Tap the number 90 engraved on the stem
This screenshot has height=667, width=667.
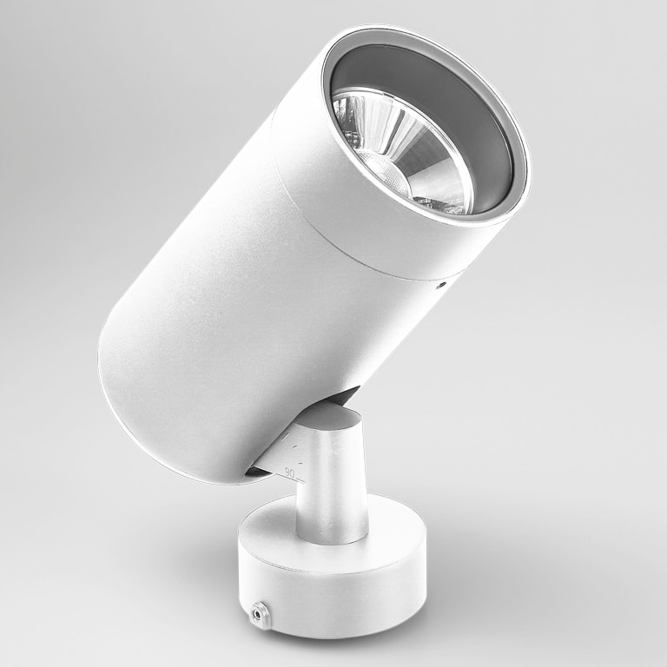click(290, 472)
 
